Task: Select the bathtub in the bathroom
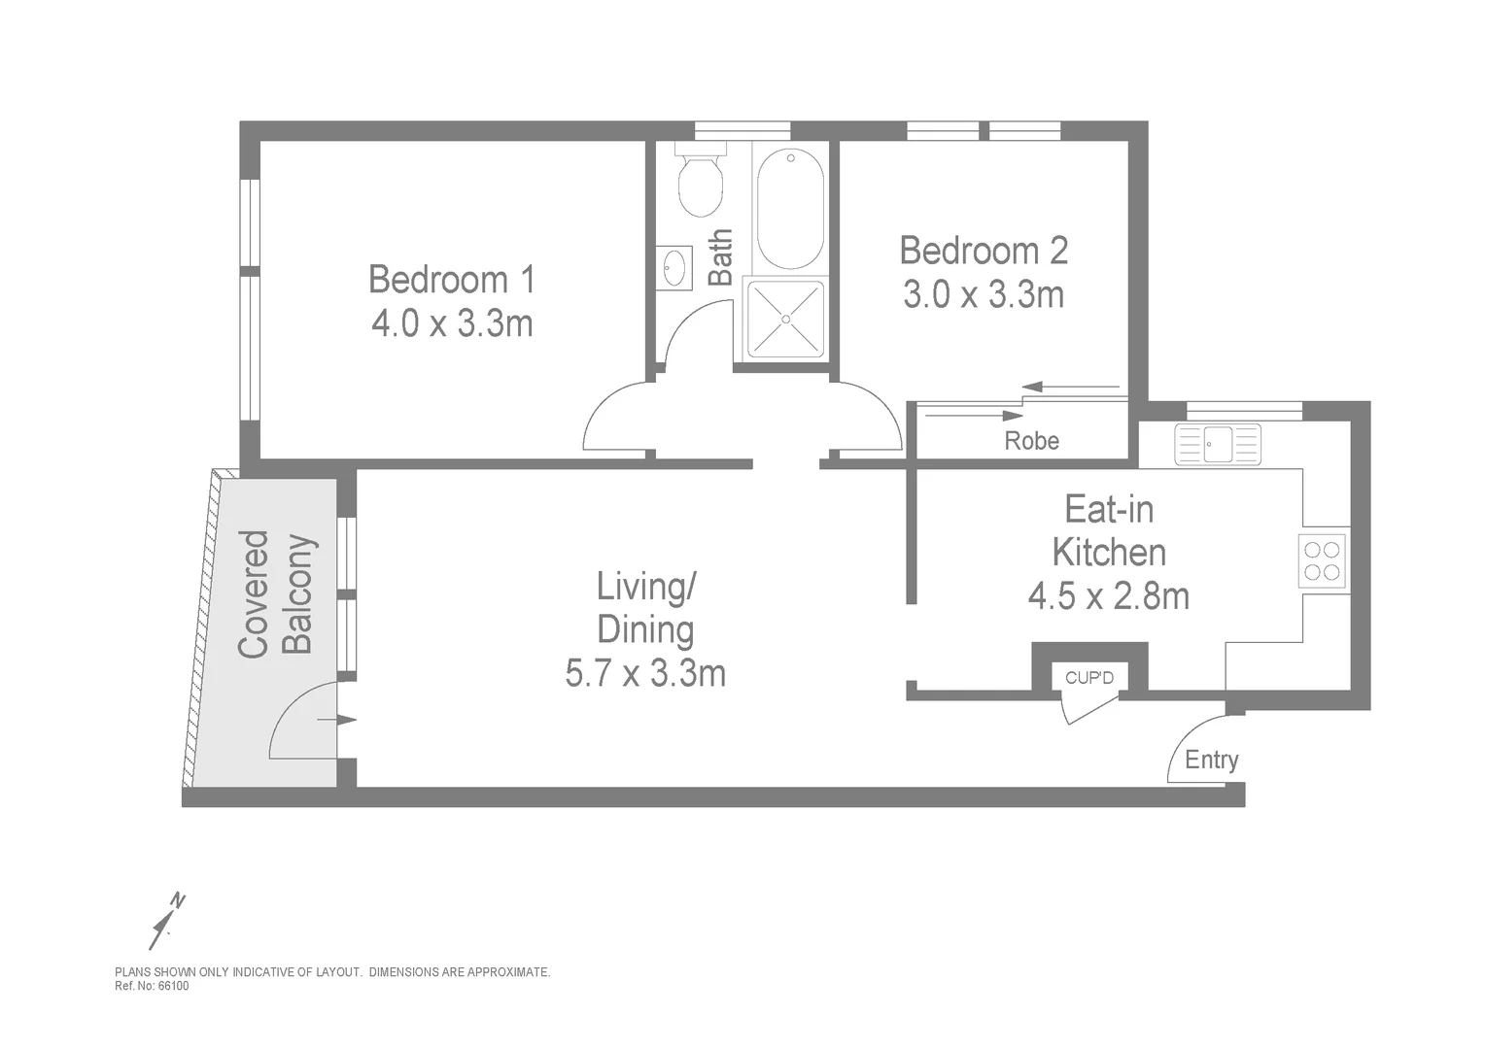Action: (x=790, y=208)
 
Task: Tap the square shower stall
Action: (x=783, y=319)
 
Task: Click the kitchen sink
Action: (x=1217, y=445)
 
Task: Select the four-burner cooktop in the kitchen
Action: (x=1323, y=560)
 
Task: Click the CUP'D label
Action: (x=1088, y=678)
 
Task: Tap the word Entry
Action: (x=1211, y=760)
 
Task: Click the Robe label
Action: (x=1031, y=441)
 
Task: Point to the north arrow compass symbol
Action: (x=166, y=919)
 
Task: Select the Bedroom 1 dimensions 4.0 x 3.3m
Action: (x=452, y=323)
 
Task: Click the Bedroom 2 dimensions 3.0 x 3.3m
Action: (x=984, y=294)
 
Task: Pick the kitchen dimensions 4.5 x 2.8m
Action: (x=1108, y=595)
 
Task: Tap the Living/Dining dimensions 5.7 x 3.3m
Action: (x=645, y=672)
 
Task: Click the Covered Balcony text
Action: (x=277, y=593)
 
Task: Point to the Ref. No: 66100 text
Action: (x=152, y=986)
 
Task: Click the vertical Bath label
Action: (x=720, y=257)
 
